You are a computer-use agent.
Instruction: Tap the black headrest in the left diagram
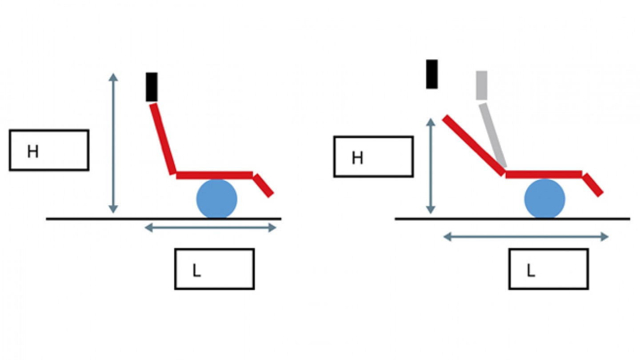point(152,87)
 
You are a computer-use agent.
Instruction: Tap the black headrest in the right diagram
point(432,74)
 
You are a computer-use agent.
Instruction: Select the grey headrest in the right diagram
point(481,85)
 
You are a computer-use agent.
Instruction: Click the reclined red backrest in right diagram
point(474,145)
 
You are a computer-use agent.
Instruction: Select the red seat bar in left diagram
point(215,175)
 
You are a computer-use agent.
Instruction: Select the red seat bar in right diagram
point(544,174)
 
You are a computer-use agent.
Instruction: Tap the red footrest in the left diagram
point(264,185)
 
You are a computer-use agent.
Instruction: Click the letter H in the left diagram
point(33,152)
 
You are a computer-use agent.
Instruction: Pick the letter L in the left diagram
point(196,271)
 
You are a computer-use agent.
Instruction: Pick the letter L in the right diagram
point(530,271)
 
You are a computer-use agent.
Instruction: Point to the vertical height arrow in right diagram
point(430,166)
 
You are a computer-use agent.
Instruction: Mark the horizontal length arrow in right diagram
point(526,237)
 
